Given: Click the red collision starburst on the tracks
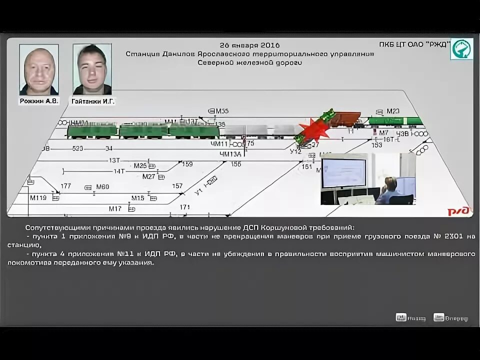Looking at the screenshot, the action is pos(313,129).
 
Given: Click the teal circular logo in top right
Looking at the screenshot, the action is pos(461,49).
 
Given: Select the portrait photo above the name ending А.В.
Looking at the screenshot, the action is pos(38,69).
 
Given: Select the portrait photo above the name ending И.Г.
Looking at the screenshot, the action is pos(92,69).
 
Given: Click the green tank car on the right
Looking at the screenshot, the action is pos(394,120).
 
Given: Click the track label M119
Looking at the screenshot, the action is pos(38,197).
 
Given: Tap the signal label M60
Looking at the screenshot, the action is pos(102,187).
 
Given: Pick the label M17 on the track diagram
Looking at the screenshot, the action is pos(115,208).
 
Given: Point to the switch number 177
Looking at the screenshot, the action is pos(66,186).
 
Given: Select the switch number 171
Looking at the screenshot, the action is pos(185,207).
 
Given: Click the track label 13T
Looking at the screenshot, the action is pos(114,160).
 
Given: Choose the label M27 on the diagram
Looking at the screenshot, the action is pos(148,176).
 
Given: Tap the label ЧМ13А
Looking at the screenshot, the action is pos(230,154).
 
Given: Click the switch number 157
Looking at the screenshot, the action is pos(177,186).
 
